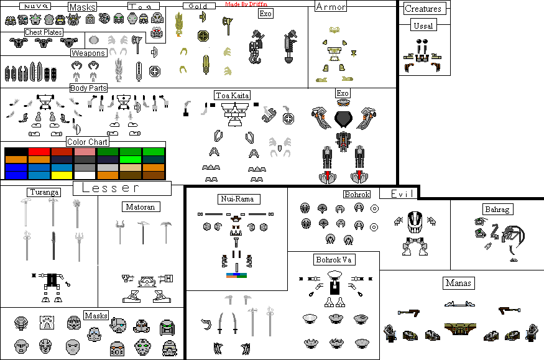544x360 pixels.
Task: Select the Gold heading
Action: pos(199,6)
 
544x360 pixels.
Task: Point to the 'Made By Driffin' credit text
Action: pos(246,4)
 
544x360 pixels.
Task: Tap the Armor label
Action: pos(331,7)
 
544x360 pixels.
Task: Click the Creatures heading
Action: pos(423,9)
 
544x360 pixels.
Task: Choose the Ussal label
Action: pos(423,25)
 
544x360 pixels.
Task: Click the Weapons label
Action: pos(88,53)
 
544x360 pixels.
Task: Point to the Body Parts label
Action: pos(88,88)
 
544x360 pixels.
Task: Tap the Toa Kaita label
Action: pos(233,95)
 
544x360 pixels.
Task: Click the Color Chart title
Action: pos(87,142)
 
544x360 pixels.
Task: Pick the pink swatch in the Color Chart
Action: pos(85,152)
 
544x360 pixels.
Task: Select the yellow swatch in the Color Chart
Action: pos(62,175)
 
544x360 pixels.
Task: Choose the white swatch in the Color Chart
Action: pos(85,175)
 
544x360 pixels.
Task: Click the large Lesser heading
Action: pos(122,188)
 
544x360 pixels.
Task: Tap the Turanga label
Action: pos(44,192)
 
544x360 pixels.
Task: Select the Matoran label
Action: pos(139,206)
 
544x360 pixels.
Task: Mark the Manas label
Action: pos(459,283)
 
